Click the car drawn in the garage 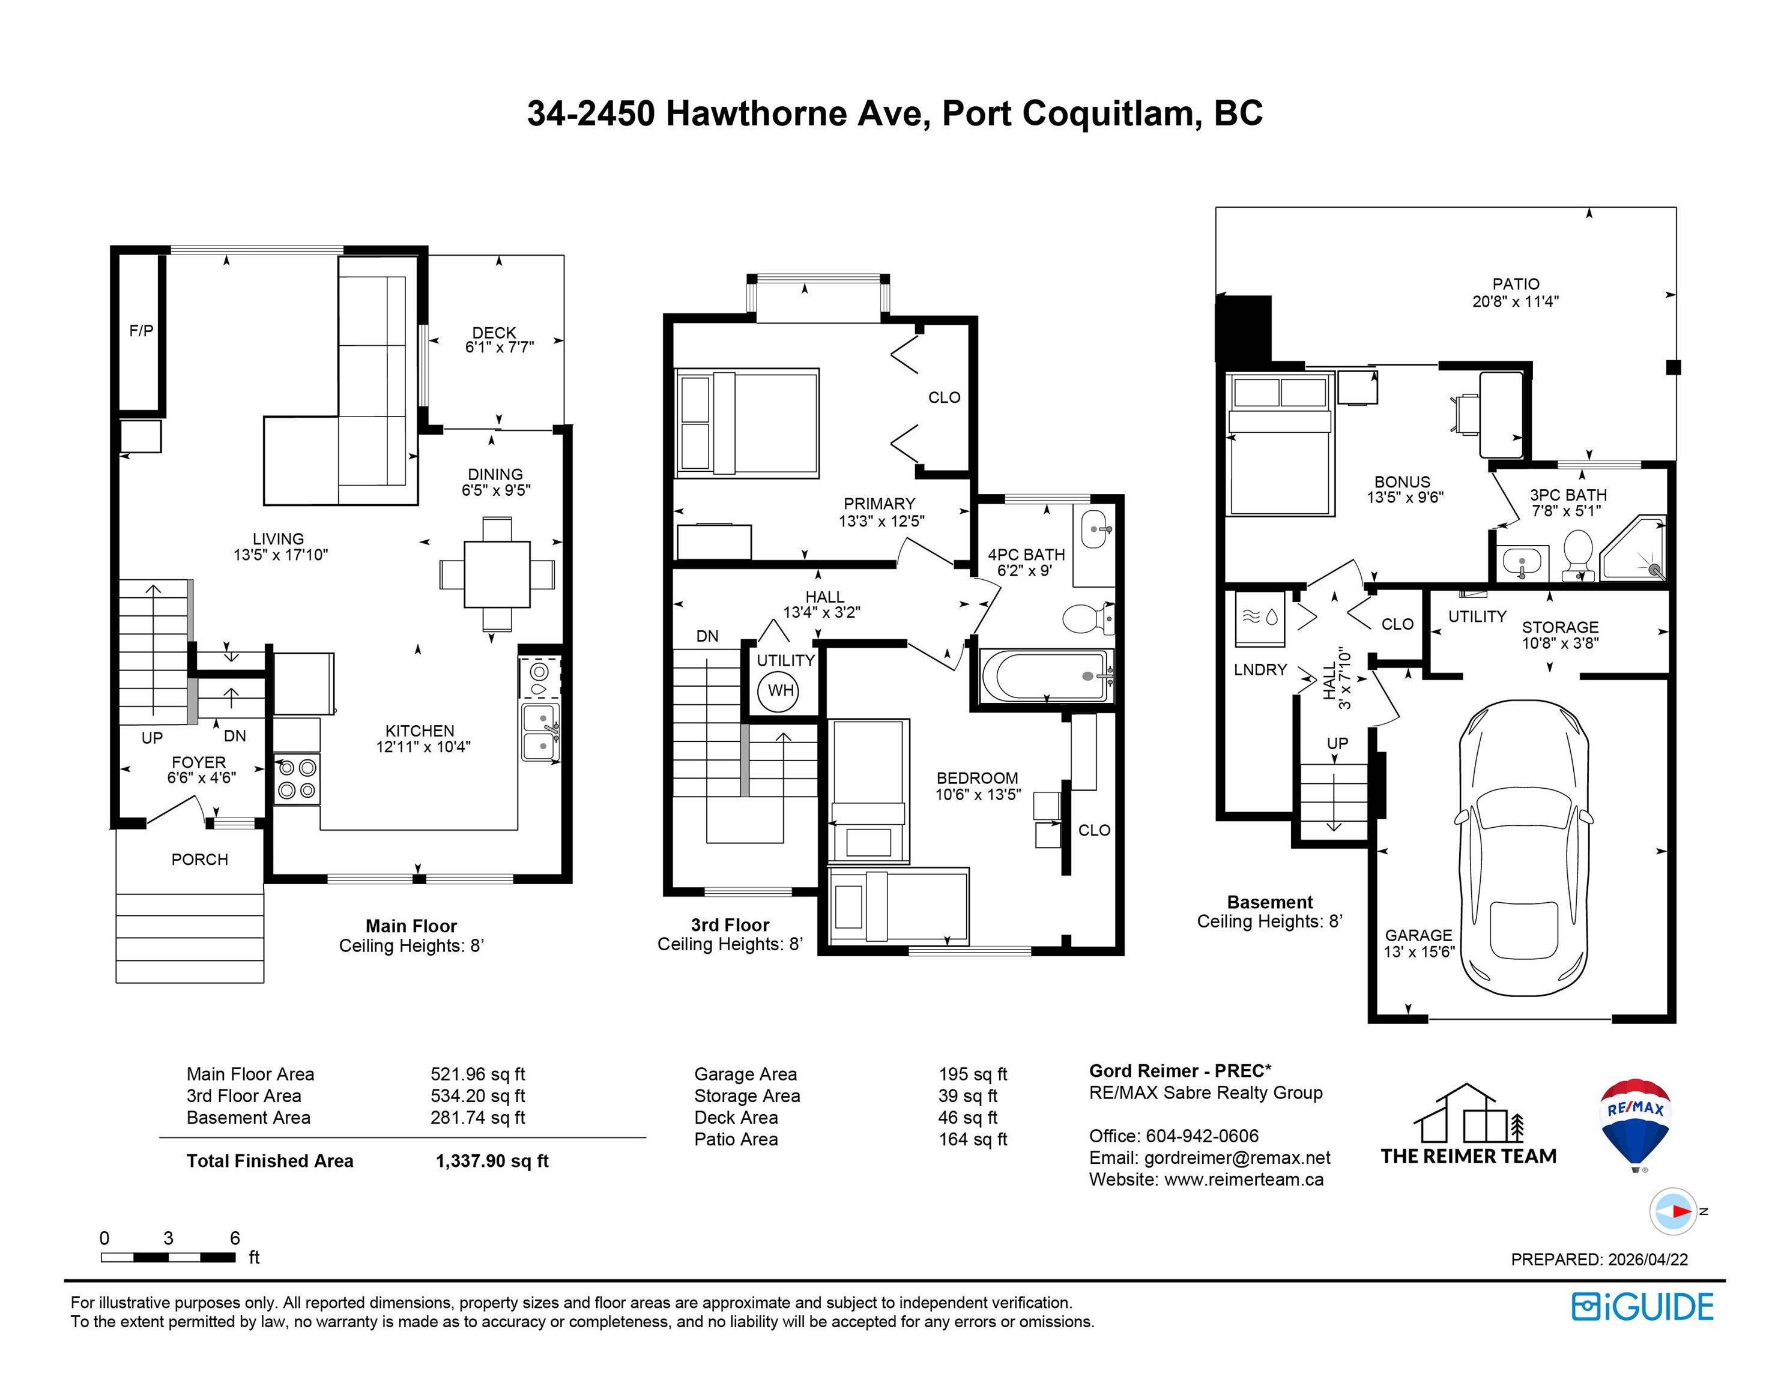[1525, 848]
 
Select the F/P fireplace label [141, 331]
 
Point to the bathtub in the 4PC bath [1045, 676]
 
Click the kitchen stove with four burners [297, 779]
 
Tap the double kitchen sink [541, 732]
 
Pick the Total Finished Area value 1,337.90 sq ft [492, 1161]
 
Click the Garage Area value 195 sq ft [973, 1073]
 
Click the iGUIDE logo [1642, 1307]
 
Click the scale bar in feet [168, 1257]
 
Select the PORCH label [199, 860]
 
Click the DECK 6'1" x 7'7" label [498, 339]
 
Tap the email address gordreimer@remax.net [1237, 1158]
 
